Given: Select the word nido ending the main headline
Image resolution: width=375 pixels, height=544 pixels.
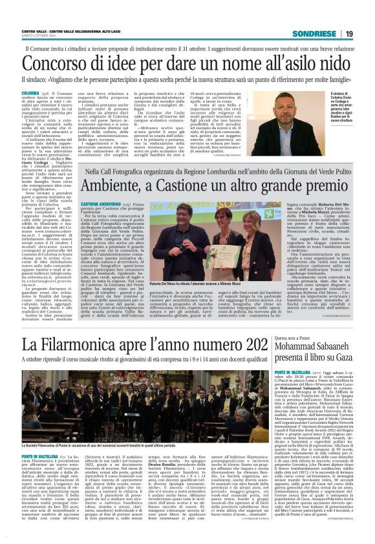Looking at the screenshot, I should (336, 64).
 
